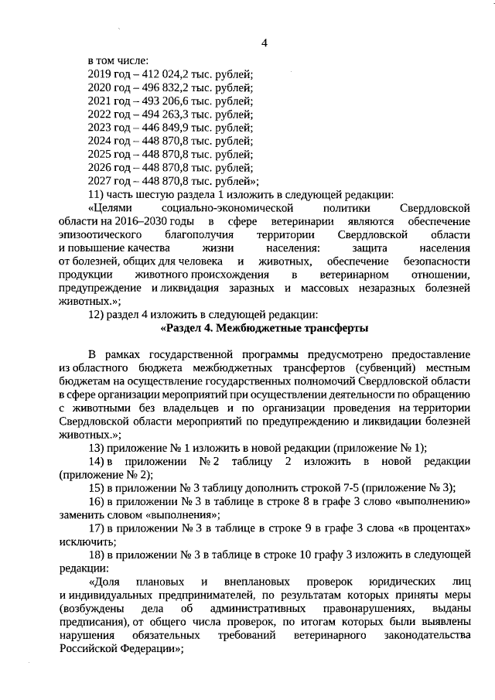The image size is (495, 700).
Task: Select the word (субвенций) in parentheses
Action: pyautogui.click(x=380, y=368)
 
